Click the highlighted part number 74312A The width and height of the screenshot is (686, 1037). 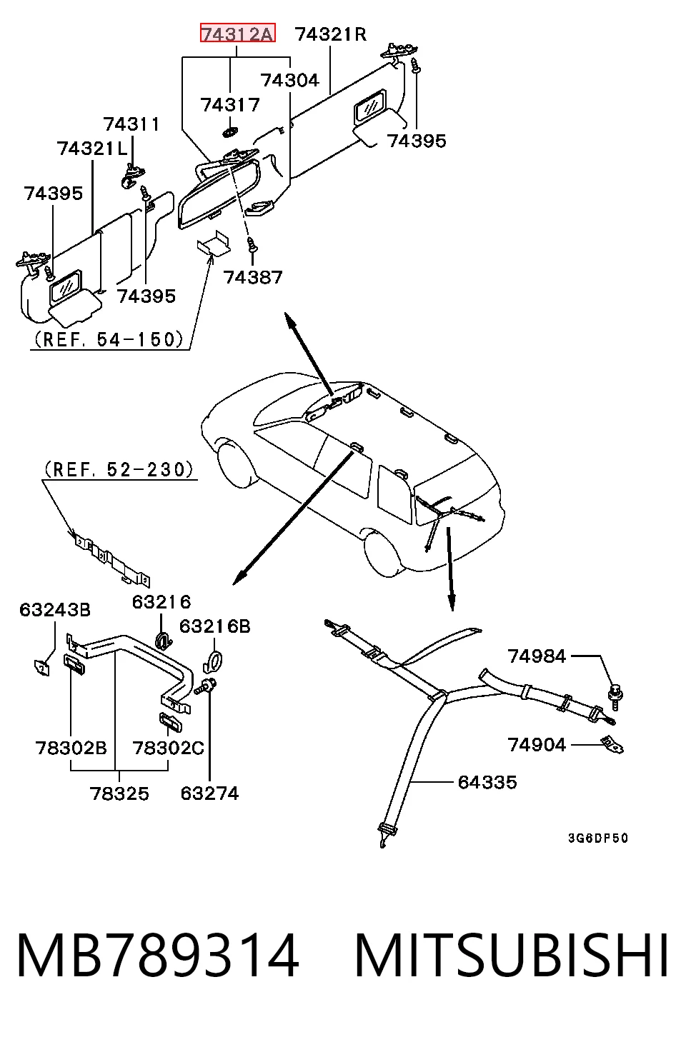coord(238,33)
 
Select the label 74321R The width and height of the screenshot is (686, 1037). coord(331,34)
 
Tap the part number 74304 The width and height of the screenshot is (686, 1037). coord(289,80)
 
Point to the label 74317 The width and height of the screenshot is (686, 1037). coord(230,104)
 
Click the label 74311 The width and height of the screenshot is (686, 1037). coord(131,124)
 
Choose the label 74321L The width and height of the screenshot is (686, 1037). coord(92,149)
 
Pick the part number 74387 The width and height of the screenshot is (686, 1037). coord(253,277)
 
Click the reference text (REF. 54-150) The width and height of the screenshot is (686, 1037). coord(109,339)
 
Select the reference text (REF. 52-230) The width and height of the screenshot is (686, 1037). coord(119,469)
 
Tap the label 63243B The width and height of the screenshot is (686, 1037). coord(55,610)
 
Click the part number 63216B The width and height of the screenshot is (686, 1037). coord(215,626)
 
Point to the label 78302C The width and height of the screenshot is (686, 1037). coord(168,748)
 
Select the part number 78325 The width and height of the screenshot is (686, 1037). coord(119,793)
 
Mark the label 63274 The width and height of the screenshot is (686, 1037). coord(209,793)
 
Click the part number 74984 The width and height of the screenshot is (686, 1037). coord(537,656)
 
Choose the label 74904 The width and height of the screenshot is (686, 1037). coord(537,745)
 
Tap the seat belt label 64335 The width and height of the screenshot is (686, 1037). coord(487,782)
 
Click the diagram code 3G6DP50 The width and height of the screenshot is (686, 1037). coord(598,838)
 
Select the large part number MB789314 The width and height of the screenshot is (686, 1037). coord(158,956)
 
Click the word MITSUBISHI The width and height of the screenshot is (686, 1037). coord(512,956)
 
